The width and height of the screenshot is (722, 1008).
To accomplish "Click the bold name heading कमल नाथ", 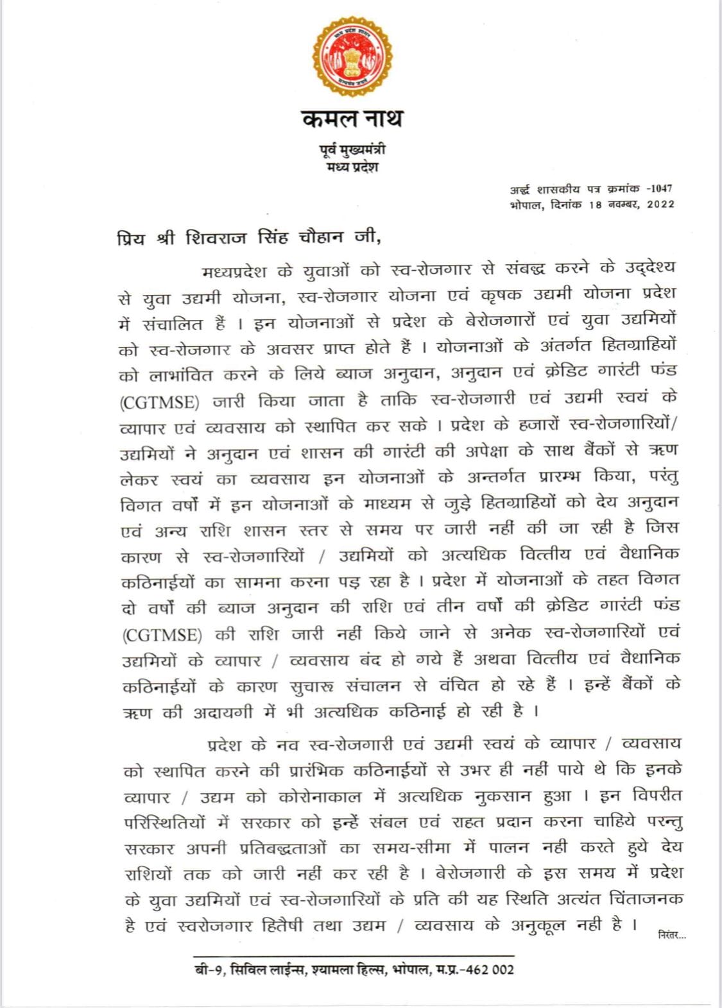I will [x=352, y=119].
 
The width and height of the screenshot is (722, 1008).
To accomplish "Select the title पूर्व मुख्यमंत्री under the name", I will [x=352, y=151].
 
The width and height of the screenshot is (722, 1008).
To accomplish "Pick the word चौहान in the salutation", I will [x=323, y=239].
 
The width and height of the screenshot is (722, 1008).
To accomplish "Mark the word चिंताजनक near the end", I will [x=646, y=899].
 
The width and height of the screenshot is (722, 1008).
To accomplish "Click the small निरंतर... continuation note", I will [x=672, y=935].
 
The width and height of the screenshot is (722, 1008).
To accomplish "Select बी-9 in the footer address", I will [x=209, y=970].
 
